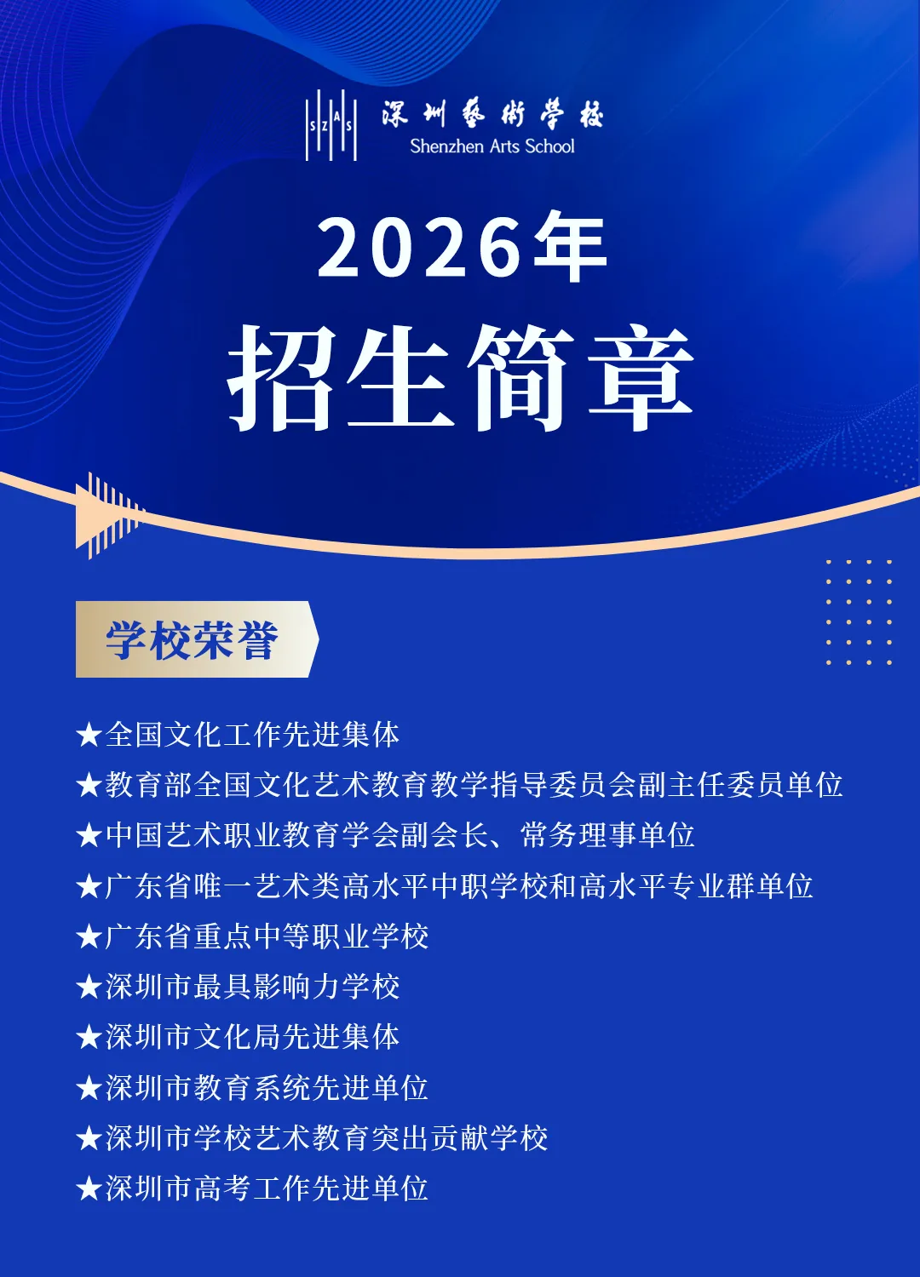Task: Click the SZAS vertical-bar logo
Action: click(331, 125)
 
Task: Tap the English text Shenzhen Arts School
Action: click(492, 146)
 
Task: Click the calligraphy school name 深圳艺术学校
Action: click(492, 113)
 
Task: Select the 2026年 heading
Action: click(461, 248)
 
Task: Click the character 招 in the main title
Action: click(281, 377)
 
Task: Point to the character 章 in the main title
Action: click(641, 377)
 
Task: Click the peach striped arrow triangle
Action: click(106, 515)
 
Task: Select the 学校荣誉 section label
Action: click(194, 640)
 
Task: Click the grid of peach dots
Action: click(859, 611)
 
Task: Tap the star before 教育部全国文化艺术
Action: click(89, 785)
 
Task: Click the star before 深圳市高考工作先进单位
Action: click(89, 1188)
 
